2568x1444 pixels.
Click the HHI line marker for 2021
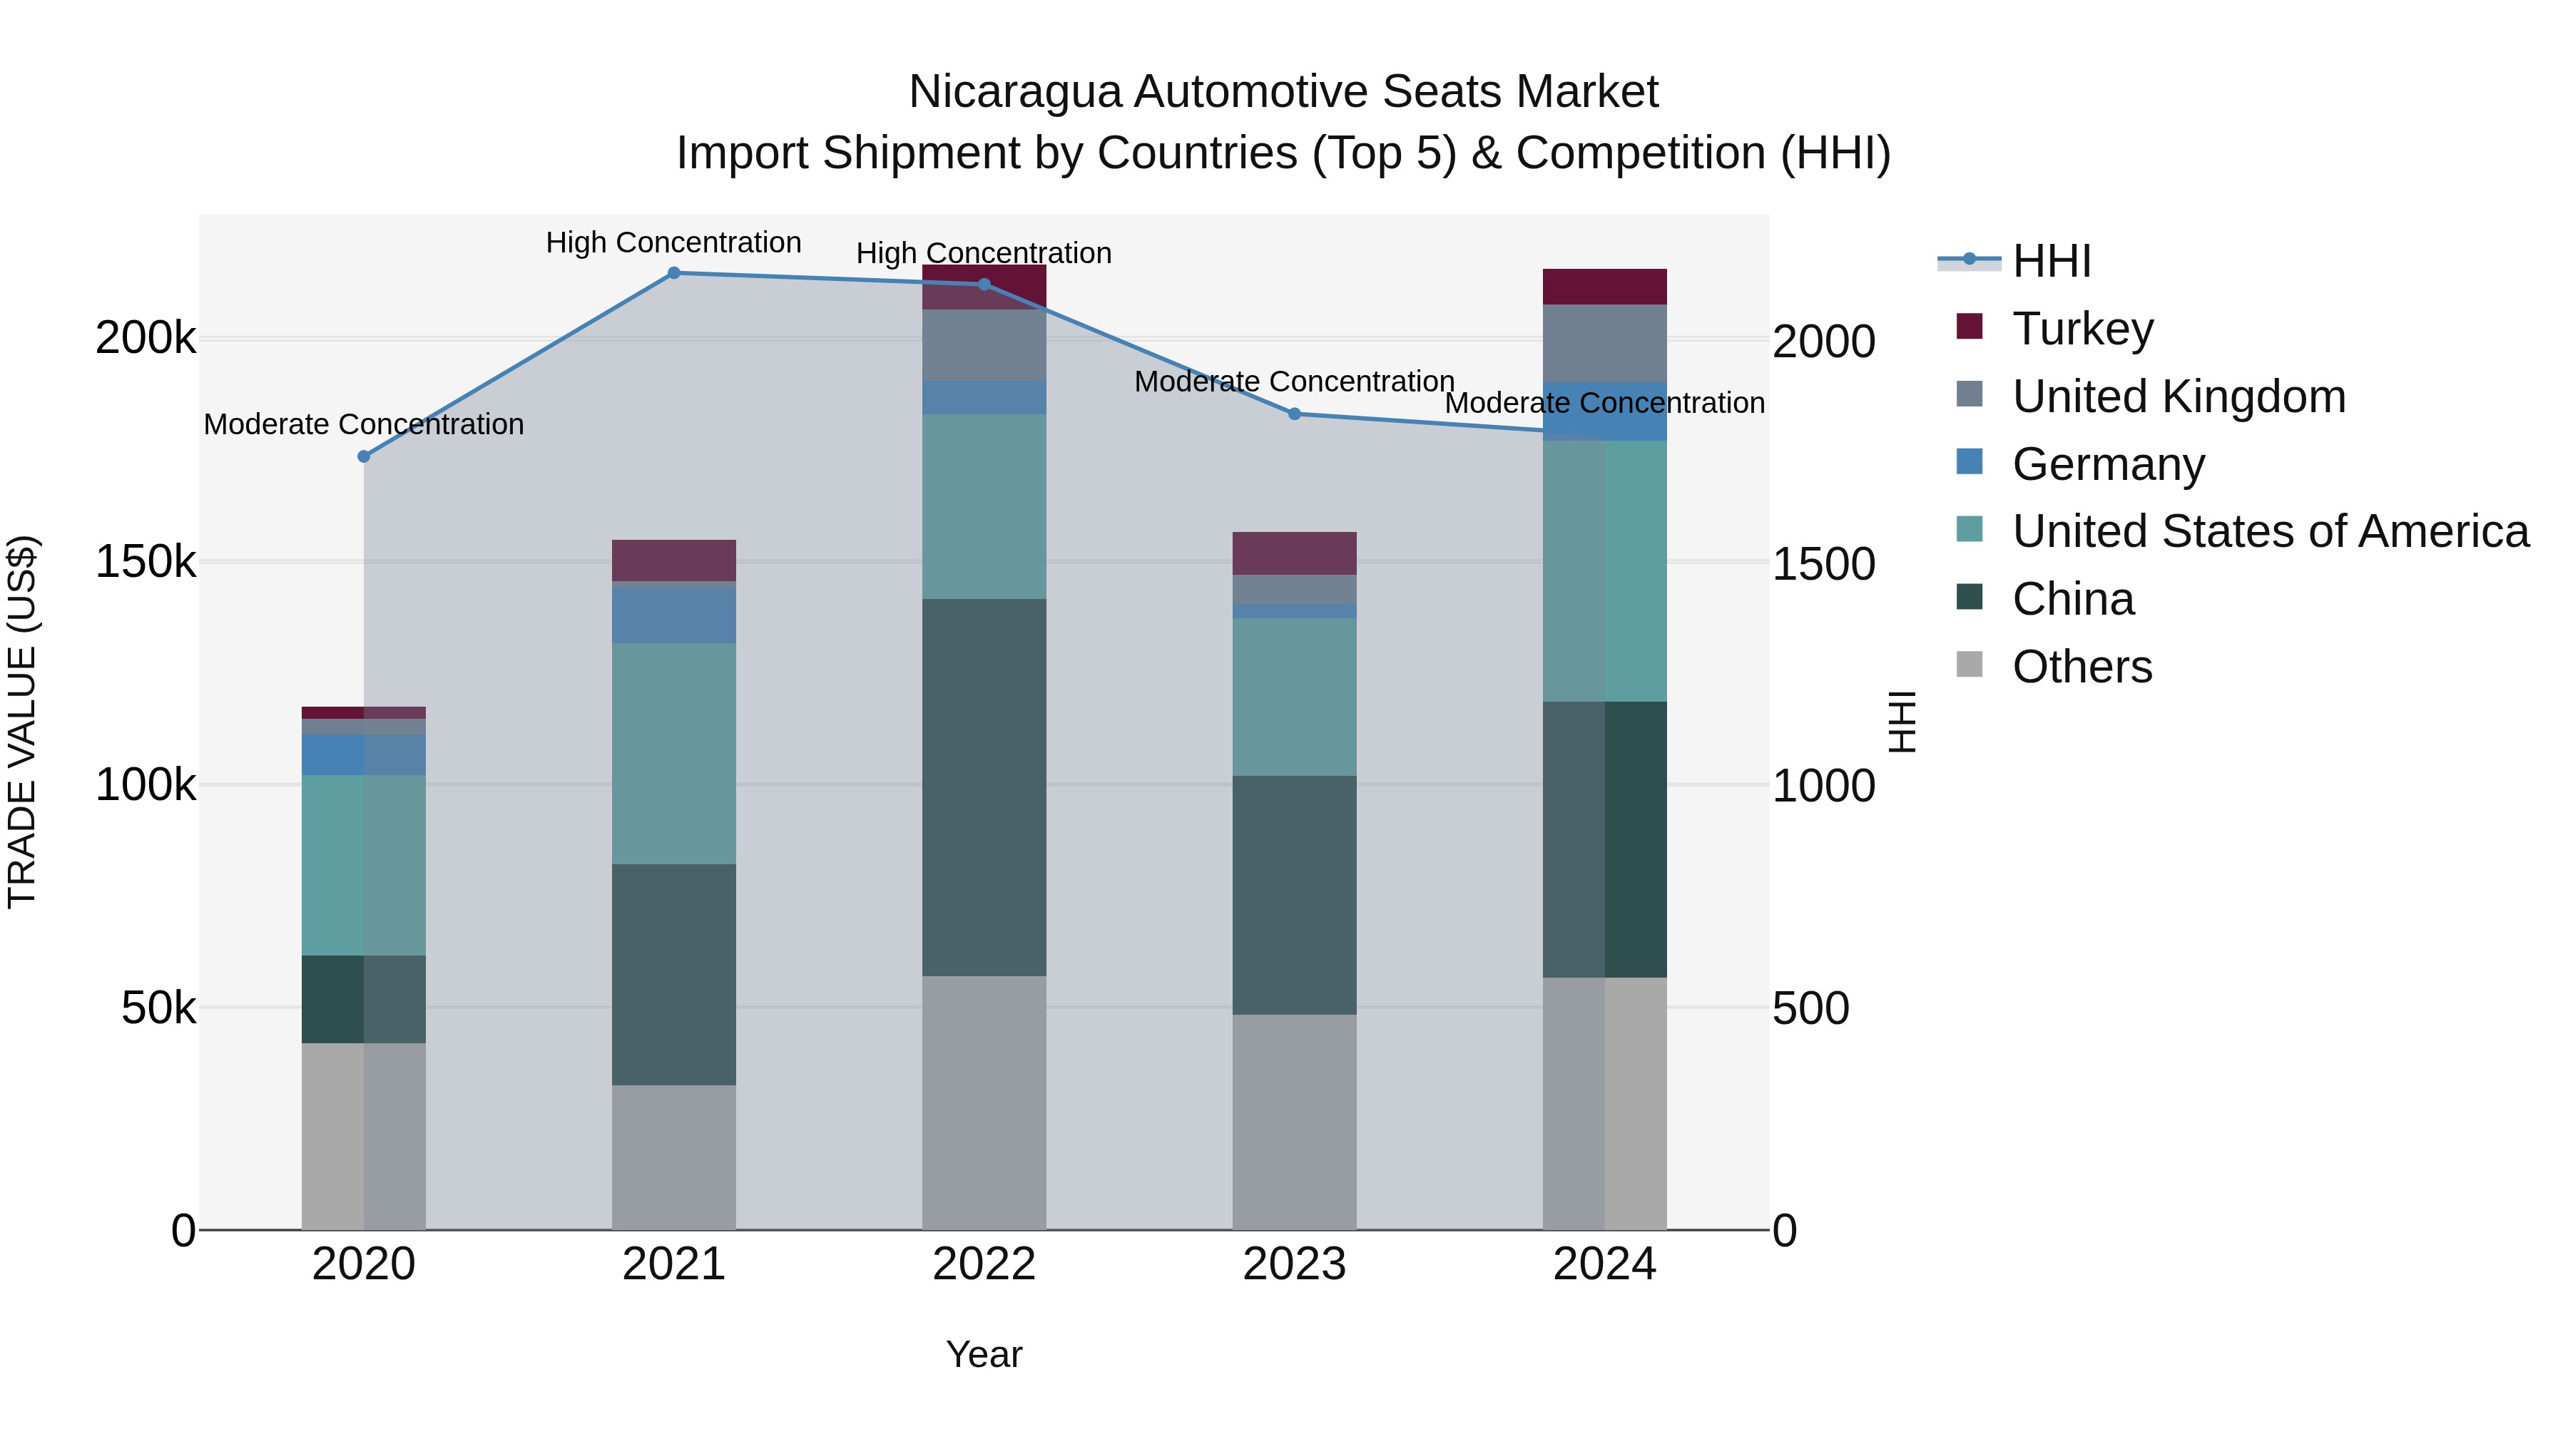674,273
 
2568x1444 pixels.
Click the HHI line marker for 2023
1294,414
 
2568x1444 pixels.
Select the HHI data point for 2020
364,456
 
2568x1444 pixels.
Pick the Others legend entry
2082,667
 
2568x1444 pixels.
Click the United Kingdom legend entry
2179,396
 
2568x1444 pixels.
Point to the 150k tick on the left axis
146,562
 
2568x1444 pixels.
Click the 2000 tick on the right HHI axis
1823,342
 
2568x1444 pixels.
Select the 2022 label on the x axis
984,1264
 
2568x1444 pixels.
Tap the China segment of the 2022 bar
984,787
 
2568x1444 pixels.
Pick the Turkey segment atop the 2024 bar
1604,287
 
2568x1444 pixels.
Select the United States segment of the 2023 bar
1294,697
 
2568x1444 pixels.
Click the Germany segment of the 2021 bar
674,616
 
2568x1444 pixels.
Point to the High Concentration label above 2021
674,243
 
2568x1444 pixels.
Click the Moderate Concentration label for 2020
364,424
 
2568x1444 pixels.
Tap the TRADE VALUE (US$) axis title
22,722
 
